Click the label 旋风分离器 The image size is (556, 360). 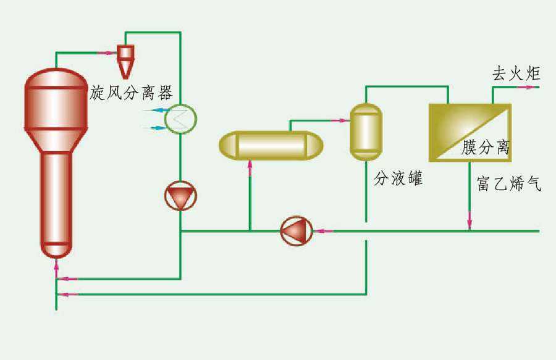pyautogui.click(x=131, y=93)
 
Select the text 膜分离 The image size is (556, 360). pyautogui.click(x=486, y=148)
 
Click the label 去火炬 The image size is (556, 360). pyautogui.click(x=516, y=75)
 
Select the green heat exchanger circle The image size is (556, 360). pyautogui.click(x=180, y=117)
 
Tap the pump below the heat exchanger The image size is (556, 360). pyautogui.click(x=180, y=196)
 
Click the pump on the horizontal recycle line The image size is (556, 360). pyautogui.click(x=296, y=231)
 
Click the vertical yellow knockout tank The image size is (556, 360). pyautogui.click(x=366, y=131)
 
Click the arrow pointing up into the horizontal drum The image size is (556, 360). pyautogui.click(x=250, y=165)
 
